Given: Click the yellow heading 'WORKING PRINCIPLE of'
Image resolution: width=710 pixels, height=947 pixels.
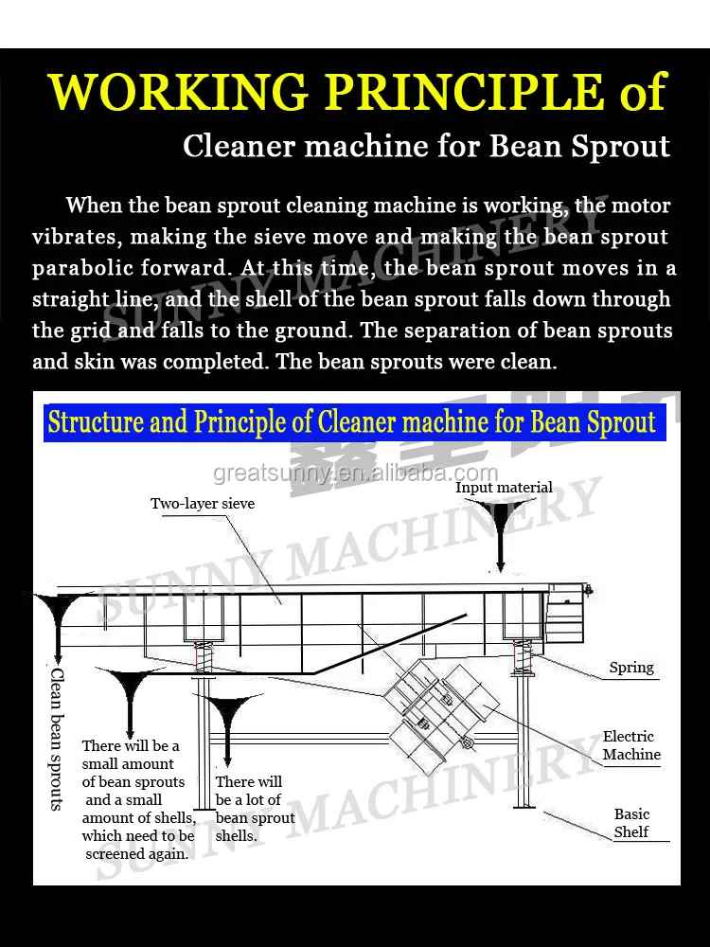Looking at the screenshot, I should coord(358,92).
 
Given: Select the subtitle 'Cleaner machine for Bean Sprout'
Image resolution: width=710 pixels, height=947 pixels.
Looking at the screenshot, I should coord(426,147).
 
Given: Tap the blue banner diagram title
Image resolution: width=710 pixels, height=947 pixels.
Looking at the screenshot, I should coord(351,421).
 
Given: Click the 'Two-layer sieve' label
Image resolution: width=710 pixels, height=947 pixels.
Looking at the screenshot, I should coord(203,503).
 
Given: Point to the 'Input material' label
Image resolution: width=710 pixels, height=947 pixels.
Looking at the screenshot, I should coord(504,487).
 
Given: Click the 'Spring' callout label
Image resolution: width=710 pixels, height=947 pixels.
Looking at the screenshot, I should coord(631,668).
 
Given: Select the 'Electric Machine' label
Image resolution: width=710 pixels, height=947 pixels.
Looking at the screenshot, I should coord(630,745).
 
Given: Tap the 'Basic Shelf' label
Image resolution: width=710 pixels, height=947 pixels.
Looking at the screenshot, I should coord(631,823).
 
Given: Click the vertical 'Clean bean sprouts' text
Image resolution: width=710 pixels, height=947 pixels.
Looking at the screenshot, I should coord(57,739).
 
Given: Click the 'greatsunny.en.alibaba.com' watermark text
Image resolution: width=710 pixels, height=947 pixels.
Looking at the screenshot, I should coord(355,473).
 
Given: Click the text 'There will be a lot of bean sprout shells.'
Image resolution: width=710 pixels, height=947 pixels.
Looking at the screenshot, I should coord(254,809).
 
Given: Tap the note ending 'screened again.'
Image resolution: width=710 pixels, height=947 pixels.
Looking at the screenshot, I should coord(137,799).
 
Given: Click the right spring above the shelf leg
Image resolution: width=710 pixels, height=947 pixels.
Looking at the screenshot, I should coord(521,655).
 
